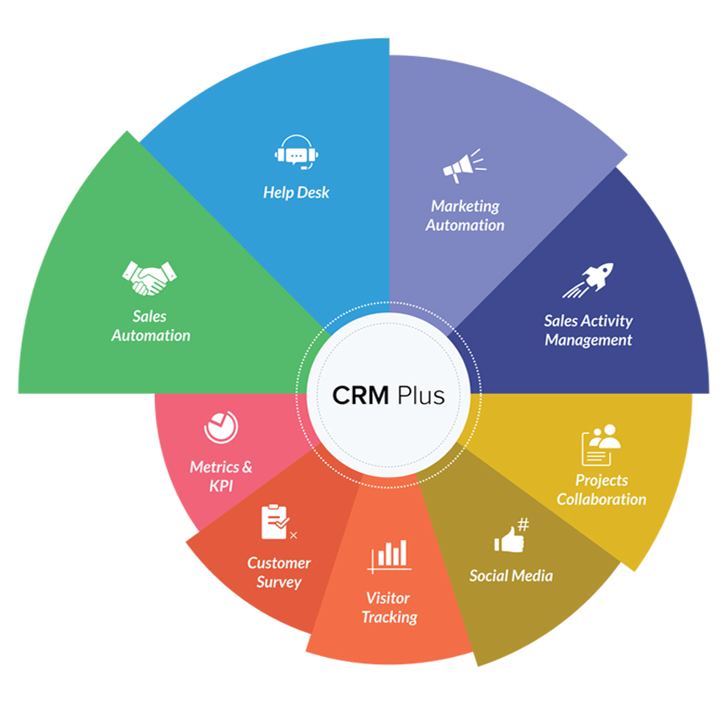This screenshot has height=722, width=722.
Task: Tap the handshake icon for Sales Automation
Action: point(148,277)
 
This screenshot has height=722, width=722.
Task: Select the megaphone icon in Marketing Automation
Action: point(464,164)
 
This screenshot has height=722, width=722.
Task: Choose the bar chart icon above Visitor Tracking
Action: point(388,556)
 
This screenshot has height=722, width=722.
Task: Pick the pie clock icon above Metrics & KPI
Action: point(221,427)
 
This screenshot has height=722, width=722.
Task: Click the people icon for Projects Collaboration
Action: point(601,445)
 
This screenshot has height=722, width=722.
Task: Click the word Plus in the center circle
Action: point(419,395)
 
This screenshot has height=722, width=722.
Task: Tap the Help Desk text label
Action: point(296,193)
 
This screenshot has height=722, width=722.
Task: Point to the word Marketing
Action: point(465,206)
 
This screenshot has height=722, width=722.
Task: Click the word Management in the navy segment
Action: point(588,340)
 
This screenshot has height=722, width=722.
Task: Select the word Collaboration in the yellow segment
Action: point(601,499)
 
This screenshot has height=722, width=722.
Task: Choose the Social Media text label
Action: point(511,575)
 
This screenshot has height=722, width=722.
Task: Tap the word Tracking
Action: point(389,617)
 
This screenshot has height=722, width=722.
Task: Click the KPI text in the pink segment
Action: point(221,485)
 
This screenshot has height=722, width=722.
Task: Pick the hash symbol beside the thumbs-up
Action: point(523,525)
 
